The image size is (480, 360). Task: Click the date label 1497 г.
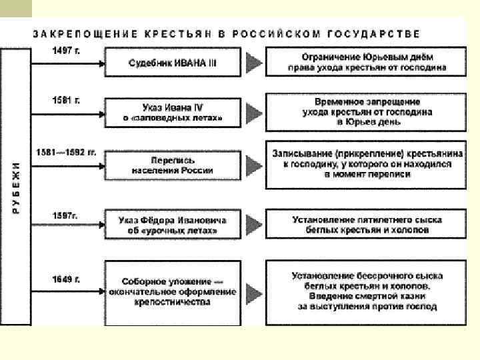click(x=66, y=51)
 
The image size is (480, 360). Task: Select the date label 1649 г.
click(x=66, y=279)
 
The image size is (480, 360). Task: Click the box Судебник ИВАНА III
click(x=173, y=63)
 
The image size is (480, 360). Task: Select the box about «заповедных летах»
click(x=173, y=112)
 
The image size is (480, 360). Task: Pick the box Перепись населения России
click(x=173, y=165)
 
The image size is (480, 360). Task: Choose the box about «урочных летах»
click(x=173, y=225)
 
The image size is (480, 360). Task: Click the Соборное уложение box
click(x=173, y=291)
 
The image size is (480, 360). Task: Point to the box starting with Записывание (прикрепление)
click(x=366, y=163)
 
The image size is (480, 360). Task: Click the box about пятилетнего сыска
click(x=366, y=225)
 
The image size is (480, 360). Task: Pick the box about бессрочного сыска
click(x=366, y=291)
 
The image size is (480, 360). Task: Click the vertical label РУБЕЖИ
click(x=17, y=187)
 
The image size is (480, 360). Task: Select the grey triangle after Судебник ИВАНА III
click(x=253, y=63)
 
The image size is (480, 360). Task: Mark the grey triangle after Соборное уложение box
click(x=253, y=292)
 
